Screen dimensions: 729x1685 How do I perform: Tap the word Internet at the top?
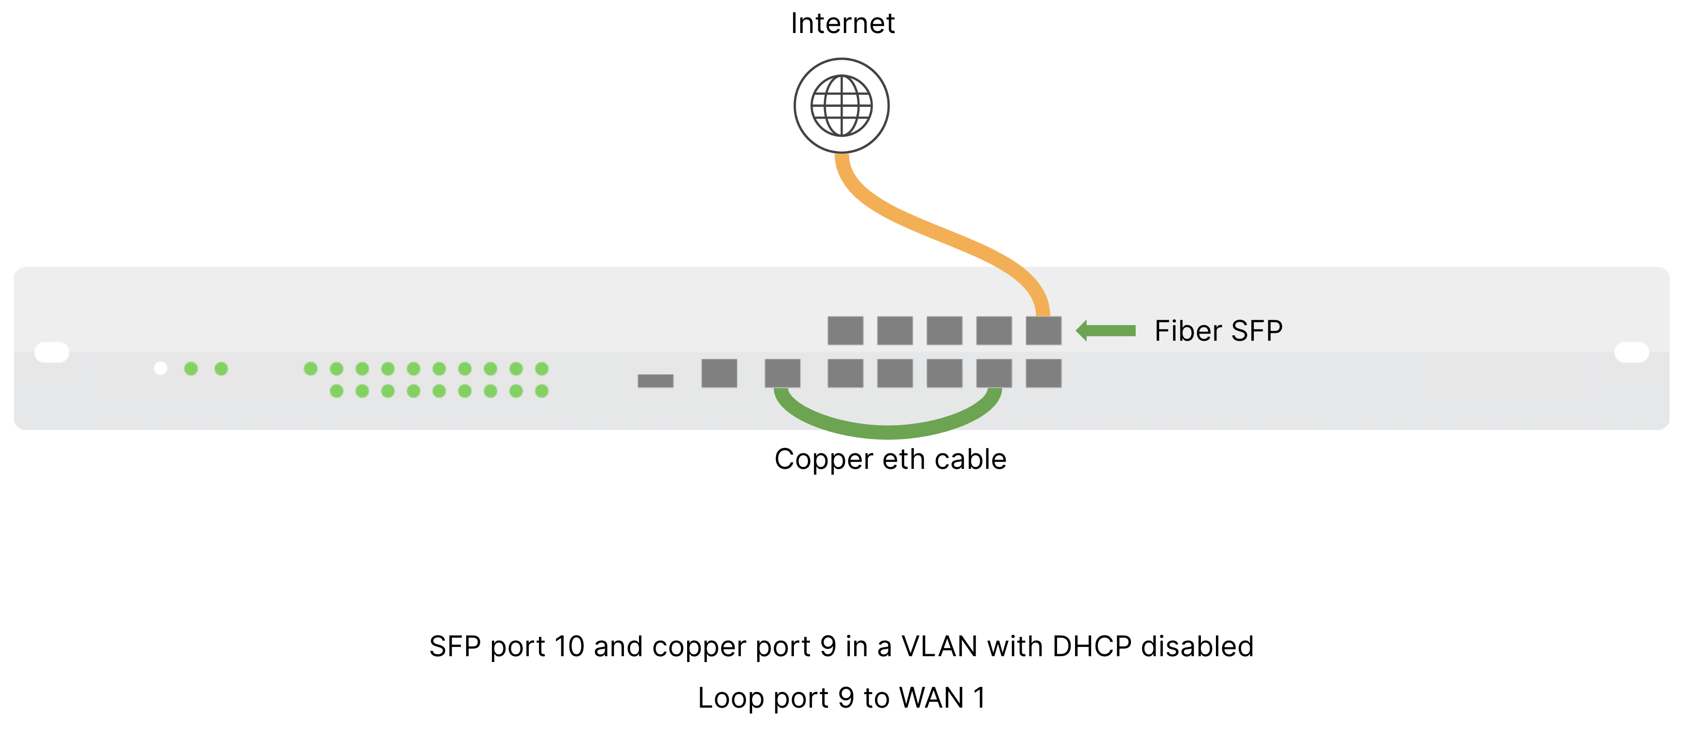click(842, 23)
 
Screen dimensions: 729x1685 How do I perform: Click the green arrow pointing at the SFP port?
click(1106, 331)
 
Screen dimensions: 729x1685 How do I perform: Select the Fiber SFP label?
click(1218, 331)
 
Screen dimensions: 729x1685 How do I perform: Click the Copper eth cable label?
click(890, 459)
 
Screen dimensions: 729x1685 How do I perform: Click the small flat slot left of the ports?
click(656, 381)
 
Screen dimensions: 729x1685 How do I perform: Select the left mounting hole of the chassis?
click(51, 352)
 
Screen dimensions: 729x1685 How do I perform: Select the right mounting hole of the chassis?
click(1632, 352)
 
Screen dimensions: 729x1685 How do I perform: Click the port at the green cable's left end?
click(782, 373)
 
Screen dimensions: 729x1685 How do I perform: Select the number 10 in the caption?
click(569, 646)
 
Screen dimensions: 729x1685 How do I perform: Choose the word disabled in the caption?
click(1197, 646)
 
